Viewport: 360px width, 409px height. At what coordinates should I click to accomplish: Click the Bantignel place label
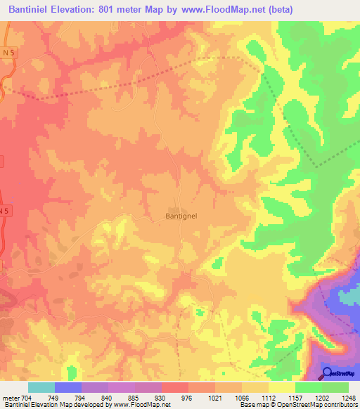pos(186,216)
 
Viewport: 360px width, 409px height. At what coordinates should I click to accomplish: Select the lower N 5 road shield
pos(5,210)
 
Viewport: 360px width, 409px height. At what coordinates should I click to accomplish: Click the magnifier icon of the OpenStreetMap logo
pos(328,374)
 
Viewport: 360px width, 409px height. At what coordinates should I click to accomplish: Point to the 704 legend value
pos(27,398)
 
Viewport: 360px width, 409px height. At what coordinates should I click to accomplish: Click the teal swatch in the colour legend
pos(41,387)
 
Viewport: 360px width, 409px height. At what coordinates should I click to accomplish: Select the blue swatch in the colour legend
pos(68,387)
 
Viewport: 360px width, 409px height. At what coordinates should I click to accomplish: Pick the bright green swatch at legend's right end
pos(335,387)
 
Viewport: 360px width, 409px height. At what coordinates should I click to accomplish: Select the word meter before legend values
pos(11,398)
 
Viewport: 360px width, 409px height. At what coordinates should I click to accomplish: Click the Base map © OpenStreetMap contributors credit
pos(297,405)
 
